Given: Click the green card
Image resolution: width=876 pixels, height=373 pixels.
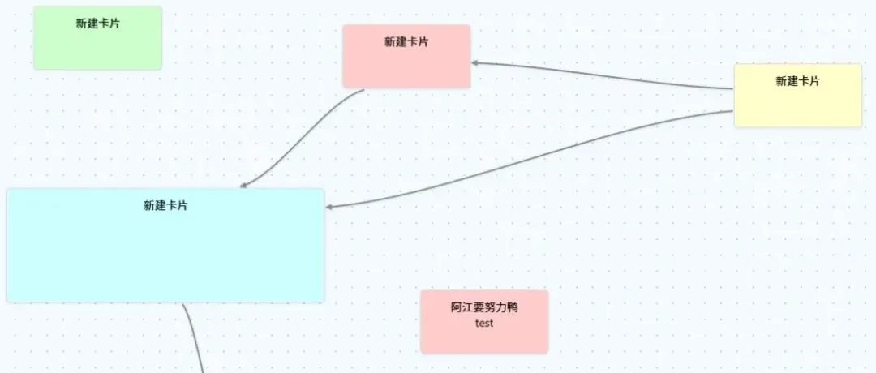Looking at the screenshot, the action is pyautogui.click(x=97, y=45).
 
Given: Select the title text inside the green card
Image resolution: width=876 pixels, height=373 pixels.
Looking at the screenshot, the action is pyautogui.click(x=97, y=24).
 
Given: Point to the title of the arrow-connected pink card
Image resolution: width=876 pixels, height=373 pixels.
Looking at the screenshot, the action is pyautogui.click(x=406, y=42).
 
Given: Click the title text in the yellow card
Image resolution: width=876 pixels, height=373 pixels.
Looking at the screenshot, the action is pyautogui.click(x=797, y=81).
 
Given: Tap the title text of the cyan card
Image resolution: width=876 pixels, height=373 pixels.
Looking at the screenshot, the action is pyautogui.click(x=165, y=206).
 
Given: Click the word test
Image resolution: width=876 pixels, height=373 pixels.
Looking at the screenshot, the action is pyautogui.click(x=484, y=323).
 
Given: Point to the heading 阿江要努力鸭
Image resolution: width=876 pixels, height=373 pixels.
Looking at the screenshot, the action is pyautogui.click(x=484, y=307).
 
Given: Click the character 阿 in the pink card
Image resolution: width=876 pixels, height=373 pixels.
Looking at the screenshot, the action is pyautogui.click(x=457, y=307).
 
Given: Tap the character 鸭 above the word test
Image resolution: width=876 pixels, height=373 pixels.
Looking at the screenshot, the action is pyautogui.click(x=512, y=307).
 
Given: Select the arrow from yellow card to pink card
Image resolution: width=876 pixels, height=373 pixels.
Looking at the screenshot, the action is pyautogui.click(x=600, y=75).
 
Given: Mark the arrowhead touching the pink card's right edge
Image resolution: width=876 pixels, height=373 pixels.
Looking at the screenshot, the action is pyautogui.click(x=477, y=62).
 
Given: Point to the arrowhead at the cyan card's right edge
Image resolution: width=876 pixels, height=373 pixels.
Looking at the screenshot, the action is pyautogui.click(x=330, y=207).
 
